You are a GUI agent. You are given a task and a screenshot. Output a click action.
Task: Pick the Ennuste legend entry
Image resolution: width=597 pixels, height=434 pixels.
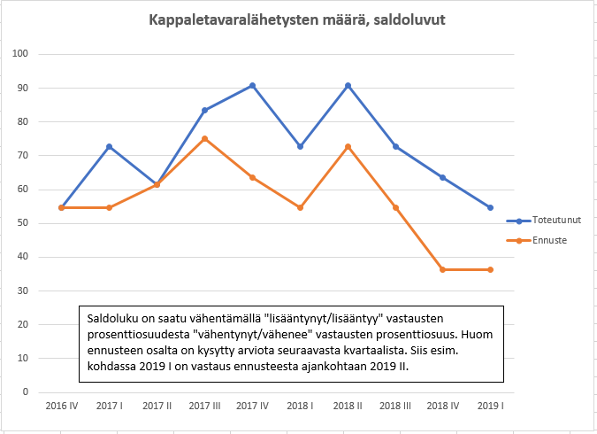coord(547,239)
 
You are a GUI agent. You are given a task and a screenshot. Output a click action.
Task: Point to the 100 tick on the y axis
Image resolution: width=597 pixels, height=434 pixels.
coord(23,54)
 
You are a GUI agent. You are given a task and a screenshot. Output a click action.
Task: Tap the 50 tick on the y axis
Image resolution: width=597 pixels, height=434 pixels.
coord(25,223)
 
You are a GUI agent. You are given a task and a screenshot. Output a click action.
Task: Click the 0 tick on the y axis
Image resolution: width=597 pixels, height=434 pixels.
coord(27,391)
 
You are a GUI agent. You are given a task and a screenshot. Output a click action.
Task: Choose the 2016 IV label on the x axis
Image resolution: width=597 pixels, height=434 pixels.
coord(61,406)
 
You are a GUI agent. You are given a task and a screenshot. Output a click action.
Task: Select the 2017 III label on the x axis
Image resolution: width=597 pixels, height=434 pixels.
coord(204,406)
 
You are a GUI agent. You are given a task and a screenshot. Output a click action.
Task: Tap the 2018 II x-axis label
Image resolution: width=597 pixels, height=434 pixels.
coord(348,406)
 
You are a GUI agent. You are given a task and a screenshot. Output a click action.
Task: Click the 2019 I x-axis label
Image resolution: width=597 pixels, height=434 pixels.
coord(491,406)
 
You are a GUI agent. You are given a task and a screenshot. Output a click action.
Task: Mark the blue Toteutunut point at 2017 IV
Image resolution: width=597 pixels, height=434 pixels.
coord(252,85)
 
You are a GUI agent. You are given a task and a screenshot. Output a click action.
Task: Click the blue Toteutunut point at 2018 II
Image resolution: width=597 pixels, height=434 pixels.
coord(348,85)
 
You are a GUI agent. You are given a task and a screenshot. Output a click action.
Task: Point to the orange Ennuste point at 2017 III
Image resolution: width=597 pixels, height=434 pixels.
coord(204,138)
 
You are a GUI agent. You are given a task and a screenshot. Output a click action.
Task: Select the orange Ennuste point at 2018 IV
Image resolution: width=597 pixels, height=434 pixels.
coord(443,269)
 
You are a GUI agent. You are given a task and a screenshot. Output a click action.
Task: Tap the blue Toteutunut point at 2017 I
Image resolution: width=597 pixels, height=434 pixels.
coord(109,146)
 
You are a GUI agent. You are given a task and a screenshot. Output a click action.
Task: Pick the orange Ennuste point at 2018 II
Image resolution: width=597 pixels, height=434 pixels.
coord(348,146)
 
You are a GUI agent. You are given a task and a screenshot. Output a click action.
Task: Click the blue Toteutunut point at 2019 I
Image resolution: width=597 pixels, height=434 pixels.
coord(491,207)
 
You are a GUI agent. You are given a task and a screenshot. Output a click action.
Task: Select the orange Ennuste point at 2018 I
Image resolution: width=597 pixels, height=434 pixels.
coord(300,207)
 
